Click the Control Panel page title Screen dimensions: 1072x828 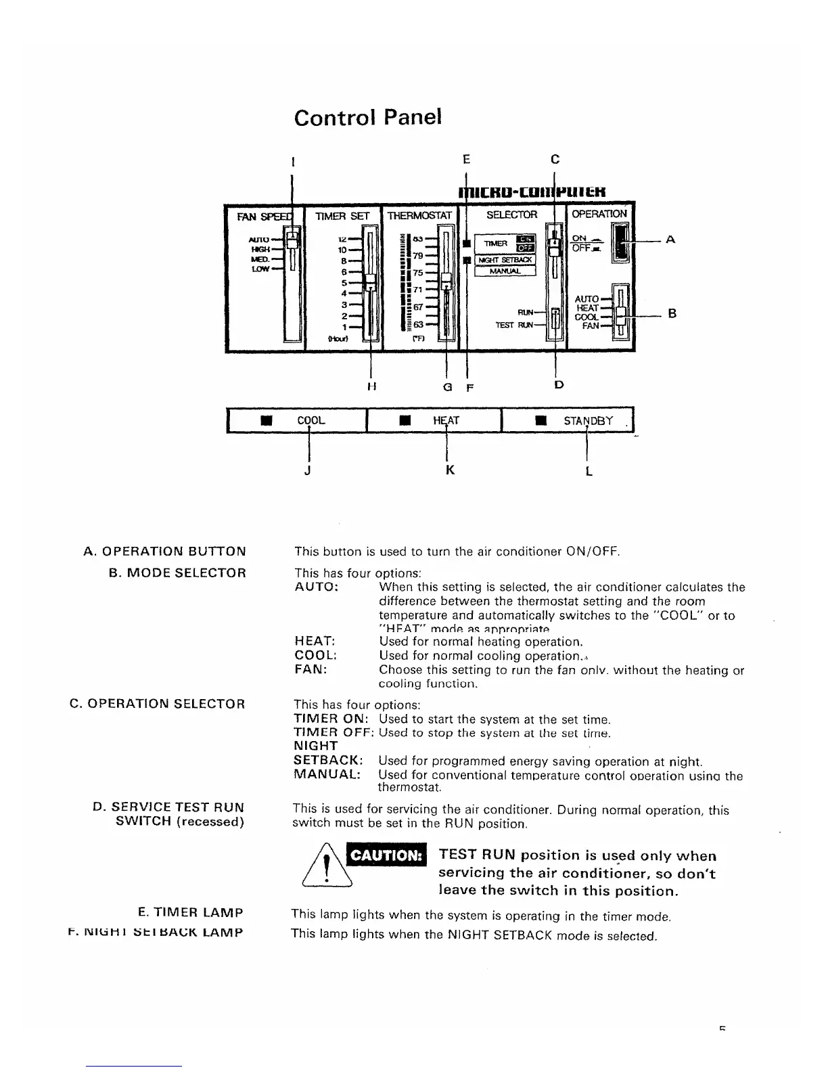(x=368, y=117)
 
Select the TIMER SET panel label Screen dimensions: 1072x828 (x=342, y=216)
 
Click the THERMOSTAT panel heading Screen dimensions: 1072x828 (x=419, y=215)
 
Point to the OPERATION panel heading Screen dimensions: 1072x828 (x=599, y=214)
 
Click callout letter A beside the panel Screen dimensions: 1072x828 (x=670, y=240)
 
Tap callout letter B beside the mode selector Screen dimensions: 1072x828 (x=672, y=313)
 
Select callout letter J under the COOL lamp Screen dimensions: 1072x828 (x=308, y=470)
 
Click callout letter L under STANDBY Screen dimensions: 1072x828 (x=589, y=470)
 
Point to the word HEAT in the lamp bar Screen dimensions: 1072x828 (x=446, y=421)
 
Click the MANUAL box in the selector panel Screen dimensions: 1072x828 (x=505, y=271)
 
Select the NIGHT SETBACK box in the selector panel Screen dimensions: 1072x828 (x=505, y=260)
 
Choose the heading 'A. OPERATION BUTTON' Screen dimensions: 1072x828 (x=164, y=552)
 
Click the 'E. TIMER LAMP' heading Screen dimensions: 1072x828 (x=190, y=912)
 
